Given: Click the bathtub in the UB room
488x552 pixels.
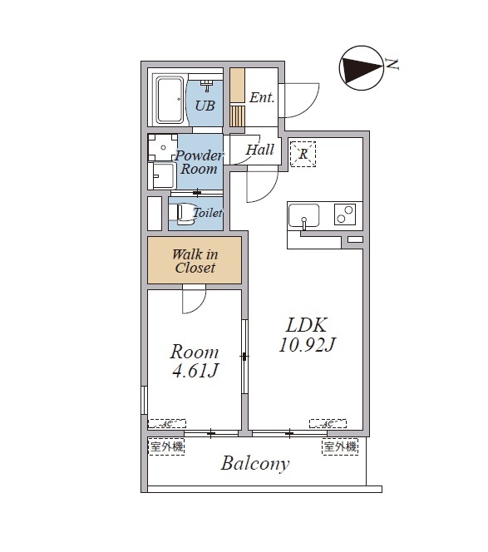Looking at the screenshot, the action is pyautogui.click(x=170, y=100).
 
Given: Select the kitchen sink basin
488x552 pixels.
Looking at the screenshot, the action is pyautogui.click(x=303, y=215).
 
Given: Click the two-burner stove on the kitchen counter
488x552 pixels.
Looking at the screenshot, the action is pyautogui.click(x=345, y=214).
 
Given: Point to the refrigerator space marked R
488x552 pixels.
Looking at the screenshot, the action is pyautogui.click(x=303, y=154).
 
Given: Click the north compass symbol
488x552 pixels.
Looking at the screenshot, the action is pyautogui.click(x=361, y=68).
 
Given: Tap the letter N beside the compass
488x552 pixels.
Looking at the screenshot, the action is pyautogui.click(x=392, y=64).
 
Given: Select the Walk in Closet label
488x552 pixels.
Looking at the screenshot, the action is pyautogui.click(x=195, y=261).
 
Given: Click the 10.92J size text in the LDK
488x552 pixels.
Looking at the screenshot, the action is pyautogui.click(x=308, y=345).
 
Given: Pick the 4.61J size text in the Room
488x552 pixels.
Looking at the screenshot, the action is pyautogui.click(x=195, y=371).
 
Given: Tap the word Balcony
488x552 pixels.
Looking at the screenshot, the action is pyautogui.click(x=255, y=464).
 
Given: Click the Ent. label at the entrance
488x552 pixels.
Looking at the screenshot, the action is pyautogui.click(x=262, y=97).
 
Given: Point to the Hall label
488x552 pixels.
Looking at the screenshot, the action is pyautogui.click(x=260, y=150).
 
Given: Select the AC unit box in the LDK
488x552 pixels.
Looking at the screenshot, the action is pyautogui.click(x=328, y=423).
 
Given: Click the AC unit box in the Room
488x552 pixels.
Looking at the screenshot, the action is pyautogui.click(x=166, y=423).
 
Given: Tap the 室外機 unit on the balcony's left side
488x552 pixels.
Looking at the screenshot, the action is pyautogui.click(x=166, y=446).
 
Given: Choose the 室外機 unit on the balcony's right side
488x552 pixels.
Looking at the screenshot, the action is pyautogui.click(x=340, y=446).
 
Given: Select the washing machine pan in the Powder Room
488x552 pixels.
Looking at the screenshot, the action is pyautogui.click(x=162, y=147).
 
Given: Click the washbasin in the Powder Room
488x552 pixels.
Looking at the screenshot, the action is pyautogui.click(x=161, y=175).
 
